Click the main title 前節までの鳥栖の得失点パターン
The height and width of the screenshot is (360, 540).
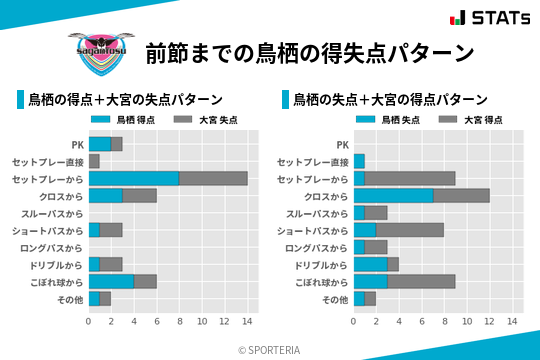pyautogui.click(x=309, y=52)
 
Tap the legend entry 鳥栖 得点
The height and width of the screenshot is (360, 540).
pyautogui.click(x=124, y=119)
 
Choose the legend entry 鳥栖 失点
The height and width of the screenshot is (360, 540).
pyautogui.click(x=389, y=119)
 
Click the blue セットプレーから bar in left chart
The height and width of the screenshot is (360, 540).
pyautogui.click(x=134, y=178)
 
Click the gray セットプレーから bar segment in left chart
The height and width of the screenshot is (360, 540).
pyautogui.click(x=213, y=178)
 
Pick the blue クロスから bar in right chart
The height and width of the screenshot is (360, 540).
pyautogui.click(x=393, y=195)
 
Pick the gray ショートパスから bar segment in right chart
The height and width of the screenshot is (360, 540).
pyautogui.click(x=410, y=230)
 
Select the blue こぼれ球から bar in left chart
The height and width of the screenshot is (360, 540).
pyautogui.click(x=111, y=281)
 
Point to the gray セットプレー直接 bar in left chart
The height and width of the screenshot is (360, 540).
pyautogui.click(x=94, y=161)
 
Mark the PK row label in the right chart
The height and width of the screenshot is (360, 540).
pyautogui.click(x=342, y=144)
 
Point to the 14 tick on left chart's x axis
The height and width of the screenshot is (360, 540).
pyautogui.click(x=247, y=322)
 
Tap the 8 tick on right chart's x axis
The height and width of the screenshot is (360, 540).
pyautogui.click(x=444, y=322)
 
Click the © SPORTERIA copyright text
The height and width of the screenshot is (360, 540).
pyautogui.click(x=270, y=349)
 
